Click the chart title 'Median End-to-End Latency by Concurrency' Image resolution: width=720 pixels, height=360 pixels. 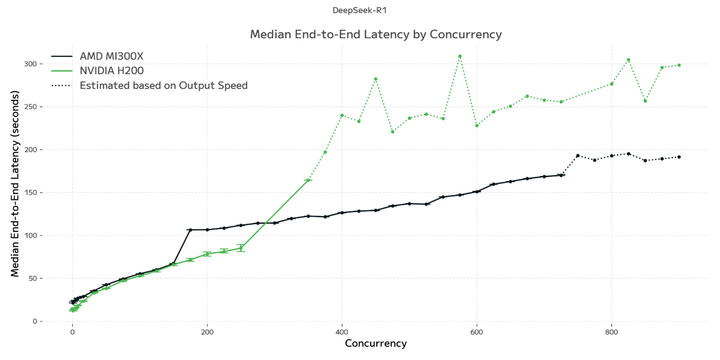pyautogui.click(x=376, y=34)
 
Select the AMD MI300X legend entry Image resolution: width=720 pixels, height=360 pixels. pyautogui.click(x=112, y=56)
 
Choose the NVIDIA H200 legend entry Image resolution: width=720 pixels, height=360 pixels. pyautogui.click(x=112, y=71)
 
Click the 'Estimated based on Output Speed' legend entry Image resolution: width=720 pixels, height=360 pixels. pyautogui.click(x=163, y=85)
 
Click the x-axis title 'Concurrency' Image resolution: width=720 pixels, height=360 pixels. pyautogui.click(x=376, y=344)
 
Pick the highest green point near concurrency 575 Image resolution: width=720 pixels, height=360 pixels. pyautogui.click(x=460, y=56)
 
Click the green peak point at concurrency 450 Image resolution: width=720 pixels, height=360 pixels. pyautogui.click(x=376, y=79)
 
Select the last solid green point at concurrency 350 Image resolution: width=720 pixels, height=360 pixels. pyautogui.click(x=308, y=180)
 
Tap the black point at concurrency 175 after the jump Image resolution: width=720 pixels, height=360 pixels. pyautogui.click(x=190, y=230)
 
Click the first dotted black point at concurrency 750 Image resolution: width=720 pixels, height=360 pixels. pyautogui.click(x=578, y=155)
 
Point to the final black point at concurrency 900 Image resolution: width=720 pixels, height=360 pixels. pyautogui.click(x=679, y=157)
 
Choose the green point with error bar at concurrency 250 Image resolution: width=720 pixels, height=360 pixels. pyautogui.click(x=241, y=248)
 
